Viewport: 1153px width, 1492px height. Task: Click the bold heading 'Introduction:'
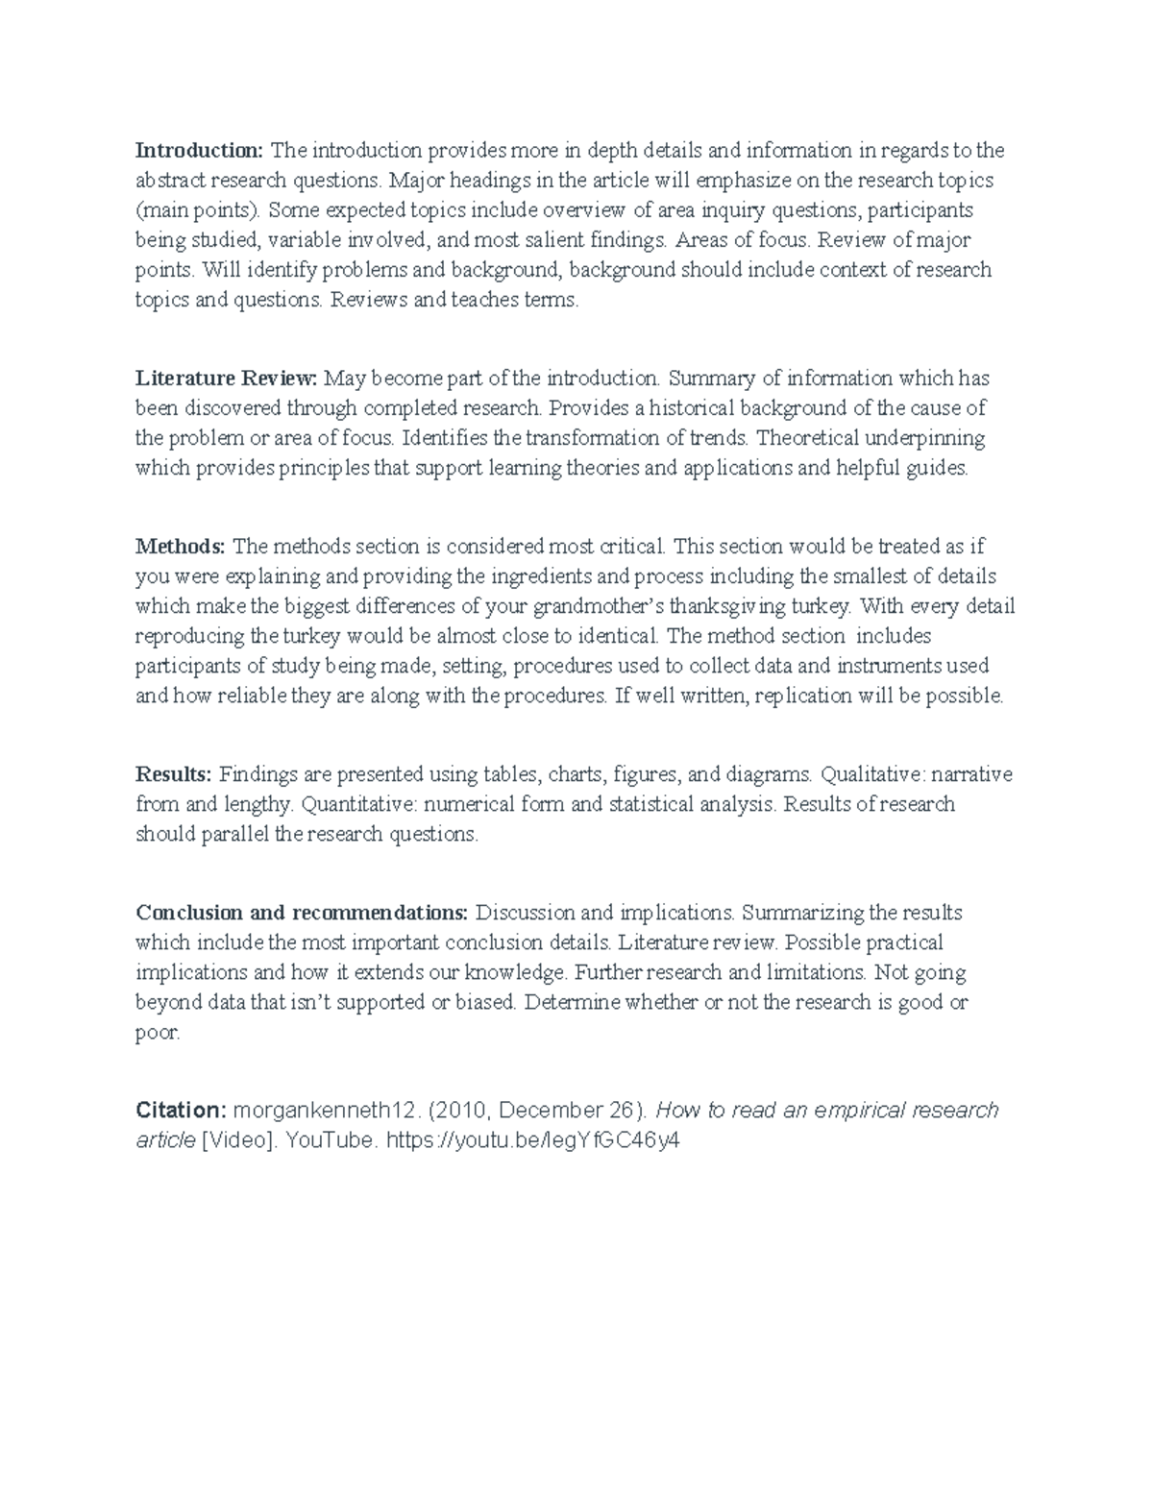(x=199, y=150)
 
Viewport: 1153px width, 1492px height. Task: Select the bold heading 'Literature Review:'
(x=227, y=378)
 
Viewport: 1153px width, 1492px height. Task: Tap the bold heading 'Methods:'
(x=181, y=547)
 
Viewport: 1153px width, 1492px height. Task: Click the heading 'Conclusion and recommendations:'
(x=302, y=912)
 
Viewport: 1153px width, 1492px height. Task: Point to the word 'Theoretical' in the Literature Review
(x=803, y=439)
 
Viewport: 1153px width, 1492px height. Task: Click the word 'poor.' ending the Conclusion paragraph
(x=158, y=1034)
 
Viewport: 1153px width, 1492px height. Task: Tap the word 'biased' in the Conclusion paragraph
(x=487, y=1003)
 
